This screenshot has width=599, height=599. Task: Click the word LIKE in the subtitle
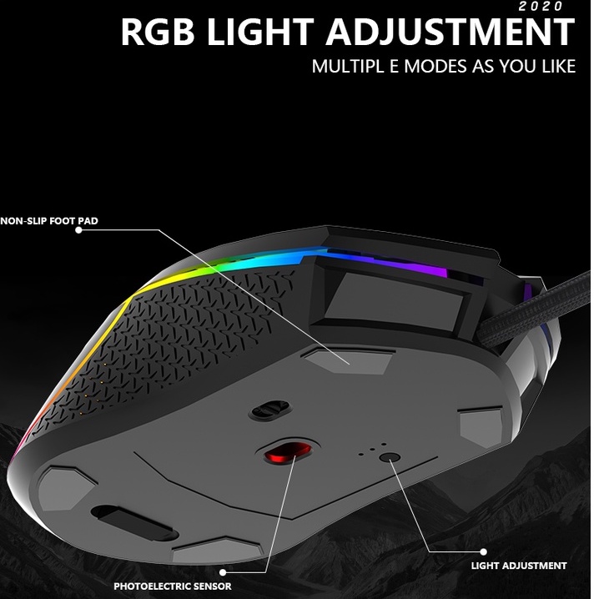click(x=552, y=66)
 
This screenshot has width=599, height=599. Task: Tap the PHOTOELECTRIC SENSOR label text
click(x=173, y=586)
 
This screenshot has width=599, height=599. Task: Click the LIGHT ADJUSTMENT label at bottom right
click(x=518, y=565)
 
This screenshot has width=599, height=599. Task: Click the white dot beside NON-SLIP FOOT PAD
click(x=78, y=230)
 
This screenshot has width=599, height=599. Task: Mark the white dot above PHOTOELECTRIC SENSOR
click(x=225, y=573)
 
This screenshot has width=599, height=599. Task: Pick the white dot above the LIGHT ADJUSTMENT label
click(x=484, y=551)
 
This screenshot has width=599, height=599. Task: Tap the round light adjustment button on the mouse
click(x=388, y=457)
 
